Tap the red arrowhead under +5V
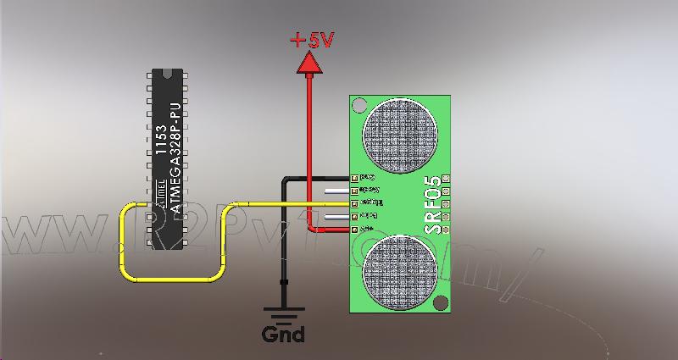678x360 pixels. coord(309,62)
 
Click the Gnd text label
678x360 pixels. coord(283,334)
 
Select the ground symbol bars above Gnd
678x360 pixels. coord(283,312)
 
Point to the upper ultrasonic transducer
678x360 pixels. coord(400,133)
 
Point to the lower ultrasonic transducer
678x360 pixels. coord(400,272)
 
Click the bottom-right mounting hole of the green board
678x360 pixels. coord(439,302)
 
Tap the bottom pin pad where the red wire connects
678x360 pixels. coord(354,230)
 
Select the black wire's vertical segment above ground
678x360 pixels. coord(283,246)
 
